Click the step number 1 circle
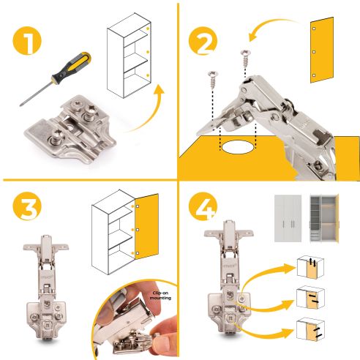point(27,40)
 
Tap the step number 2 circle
point(203,42)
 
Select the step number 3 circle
point(27,206)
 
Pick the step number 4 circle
point(203,206)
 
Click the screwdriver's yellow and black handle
point(72,68)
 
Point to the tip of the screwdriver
point(20,105)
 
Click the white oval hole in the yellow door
point(237,147)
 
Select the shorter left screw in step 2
point(212,80)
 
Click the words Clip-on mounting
point(160,296)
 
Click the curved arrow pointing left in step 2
point(272,27)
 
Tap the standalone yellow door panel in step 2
point(321,50)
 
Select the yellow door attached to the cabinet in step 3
point(146,226)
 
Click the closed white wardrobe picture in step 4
point(288,218)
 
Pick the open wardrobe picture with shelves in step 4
point(324,218)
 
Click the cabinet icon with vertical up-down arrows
point(310,267)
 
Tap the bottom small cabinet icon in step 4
point(310,329)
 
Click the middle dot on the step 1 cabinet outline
point(148,52)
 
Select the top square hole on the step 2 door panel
point(314,29)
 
